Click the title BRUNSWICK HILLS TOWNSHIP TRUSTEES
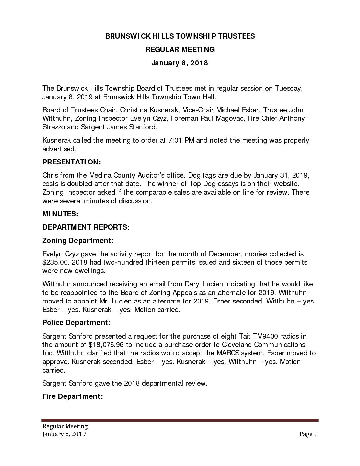[180, 36]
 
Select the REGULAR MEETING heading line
[180, 50]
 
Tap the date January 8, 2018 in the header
[180, 63]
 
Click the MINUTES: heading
[60, 214]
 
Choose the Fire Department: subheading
[73, 396]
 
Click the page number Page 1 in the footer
[308, 434]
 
